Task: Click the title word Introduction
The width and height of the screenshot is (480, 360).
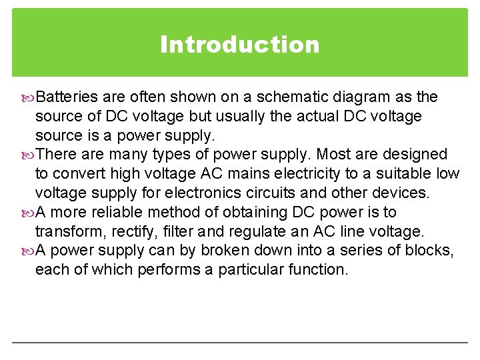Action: click(240, 45)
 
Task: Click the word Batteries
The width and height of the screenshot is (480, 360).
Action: click(67, 97)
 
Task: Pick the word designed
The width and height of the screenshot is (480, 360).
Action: click(416, 155)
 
